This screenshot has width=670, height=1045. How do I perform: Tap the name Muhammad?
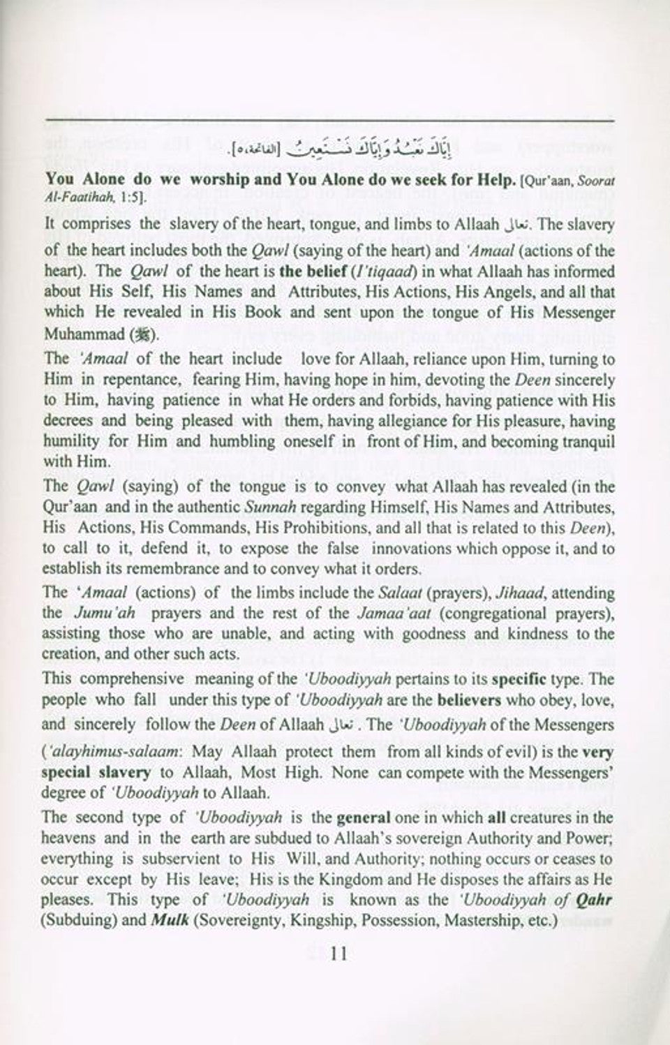pyautogui.click(x=83, y=332)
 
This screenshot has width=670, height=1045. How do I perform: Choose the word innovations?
pyautogui.click(x=407, y=547)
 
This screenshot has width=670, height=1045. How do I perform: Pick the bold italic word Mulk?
pyautogui.click(x=167, y=919)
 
